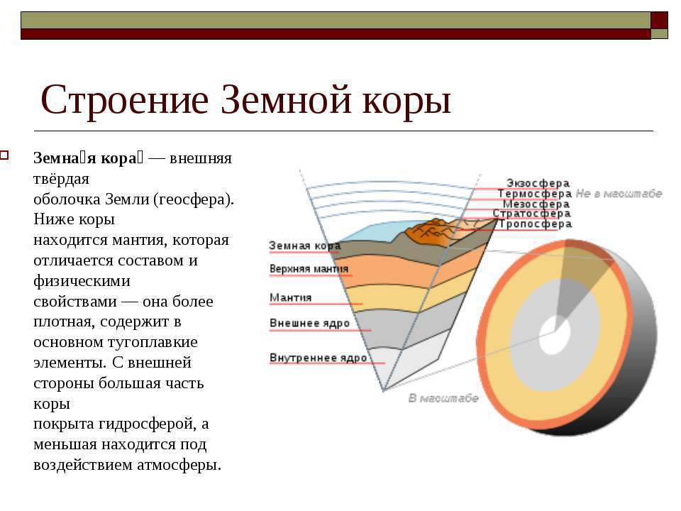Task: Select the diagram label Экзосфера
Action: (538, 183)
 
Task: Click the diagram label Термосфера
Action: (535, 194)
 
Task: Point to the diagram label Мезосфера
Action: (536, 204)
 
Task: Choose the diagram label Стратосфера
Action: (531, 214)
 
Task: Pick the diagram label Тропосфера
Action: (535, 224)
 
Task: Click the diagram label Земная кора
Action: (304, 246)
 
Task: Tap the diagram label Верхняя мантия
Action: (309, 269)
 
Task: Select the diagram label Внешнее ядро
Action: (309, 324)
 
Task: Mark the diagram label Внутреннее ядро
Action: (319, 358)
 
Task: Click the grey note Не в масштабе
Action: (619, 194)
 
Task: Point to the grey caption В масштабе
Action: (443, 398)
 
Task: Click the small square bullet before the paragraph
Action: (4, 155)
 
